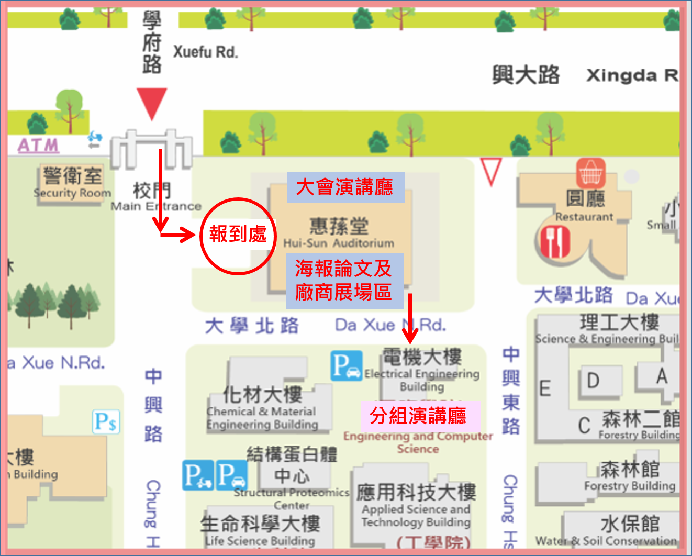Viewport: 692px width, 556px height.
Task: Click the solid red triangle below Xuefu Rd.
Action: (152, 103)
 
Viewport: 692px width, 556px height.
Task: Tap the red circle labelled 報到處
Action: (238, 236)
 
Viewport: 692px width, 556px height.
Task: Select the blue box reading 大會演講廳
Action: (345, 187)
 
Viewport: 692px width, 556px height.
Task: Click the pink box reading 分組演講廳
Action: (419, 416)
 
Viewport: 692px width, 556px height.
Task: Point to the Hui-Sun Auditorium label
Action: (339, 243)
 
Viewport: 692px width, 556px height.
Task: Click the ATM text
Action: (38, 145)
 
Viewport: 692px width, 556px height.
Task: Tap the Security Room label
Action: (72, 193)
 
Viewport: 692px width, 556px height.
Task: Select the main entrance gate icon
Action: (152, 149)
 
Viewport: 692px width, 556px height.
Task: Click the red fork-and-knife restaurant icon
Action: (555, 242)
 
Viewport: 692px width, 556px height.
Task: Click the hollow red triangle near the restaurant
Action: (491, 171)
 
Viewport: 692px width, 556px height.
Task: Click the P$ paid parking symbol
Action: (106, 421)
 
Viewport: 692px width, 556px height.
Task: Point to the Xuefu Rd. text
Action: (205, 52)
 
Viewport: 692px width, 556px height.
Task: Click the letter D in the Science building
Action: (593, 381)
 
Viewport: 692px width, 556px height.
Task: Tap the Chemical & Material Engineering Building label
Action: (262, 418)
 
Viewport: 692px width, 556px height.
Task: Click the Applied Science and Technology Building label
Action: (416, 515)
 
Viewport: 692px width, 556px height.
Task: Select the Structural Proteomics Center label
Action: (291, 498)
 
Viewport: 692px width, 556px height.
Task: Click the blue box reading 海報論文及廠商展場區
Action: (344, 281)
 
